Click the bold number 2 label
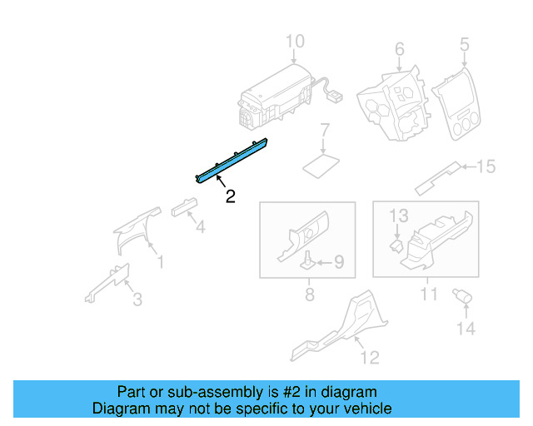(230, 196)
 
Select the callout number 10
(296, 42)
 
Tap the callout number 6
(399, 48)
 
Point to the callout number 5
(464, 44)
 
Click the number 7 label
(326, 130)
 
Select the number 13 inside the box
(400, 215)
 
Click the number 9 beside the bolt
(338, 263)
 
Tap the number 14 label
(465, 329)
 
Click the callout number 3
(137, 299)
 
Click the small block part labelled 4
(182, 207)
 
